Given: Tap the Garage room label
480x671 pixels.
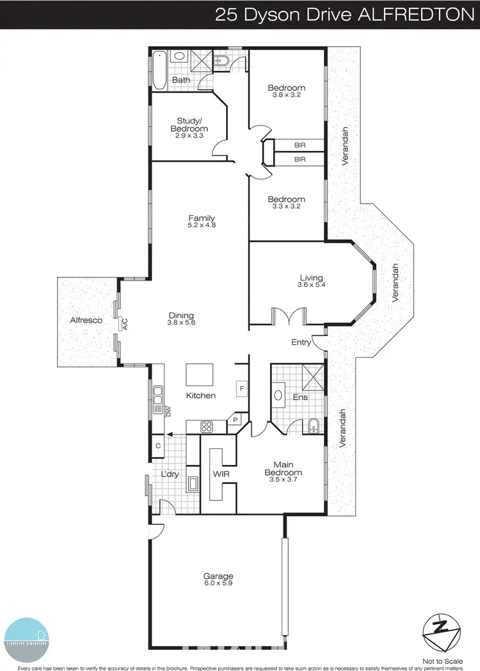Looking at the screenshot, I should click(219, 576).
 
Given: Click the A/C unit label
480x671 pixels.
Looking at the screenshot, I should click(125, 323).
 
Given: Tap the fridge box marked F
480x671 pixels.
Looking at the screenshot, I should click(242, 389).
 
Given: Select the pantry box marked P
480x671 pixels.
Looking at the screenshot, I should click(236, 421).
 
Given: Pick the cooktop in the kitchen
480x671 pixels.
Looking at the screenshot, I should click(207, 426).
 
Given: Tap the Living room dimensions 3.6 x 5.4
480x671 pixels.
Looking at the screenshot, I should click(311, 286).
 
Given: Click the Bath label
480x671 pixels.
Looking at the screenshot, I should click(181, 80).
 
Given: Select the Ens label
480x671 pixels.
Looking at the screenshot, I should click(300, 397).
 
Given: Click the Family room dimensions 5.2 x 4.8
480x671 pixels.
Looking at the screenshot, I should click(201, 225).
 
